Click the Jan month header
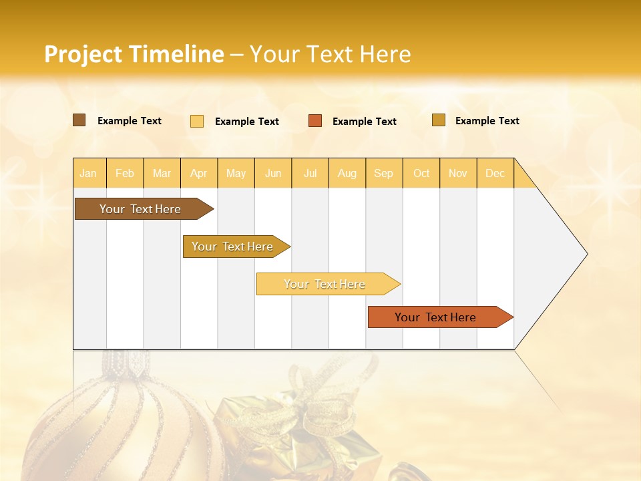click(89, 174)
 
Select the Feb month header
click(125, 174)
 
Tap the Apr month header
click(199, 174)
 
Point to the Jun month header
click(273, 174)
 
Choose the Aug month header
click(347, 174)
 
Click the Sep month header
click(384, 174)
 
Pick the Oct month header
click(421, 174)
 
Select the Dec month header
click(495, 174)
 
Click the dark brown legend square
click(79, 120)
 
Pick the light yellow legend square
click(197, 121)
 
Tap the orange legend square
click(315, 121)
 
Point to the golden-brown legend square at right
click(439, 120)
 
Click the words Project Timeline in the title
click(134, 54)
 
